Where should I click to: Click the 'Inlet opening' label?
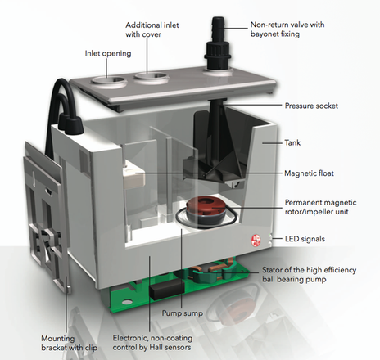[x=108, y=53]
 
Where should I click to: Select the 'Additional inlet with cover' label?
[x=152, y=29]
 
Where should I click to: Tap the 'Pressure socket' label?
[x=311, y=106]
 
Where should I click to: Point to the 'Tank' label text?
[x=292, y=142]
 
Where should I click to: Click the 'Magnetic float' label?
[x=309, y=173]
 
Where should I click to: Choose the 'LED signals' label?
[x=305, y=239]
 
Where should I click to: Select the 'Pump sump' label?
[x=183, y=313]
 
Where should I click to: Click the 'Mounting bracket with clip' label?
[x=70, y=343]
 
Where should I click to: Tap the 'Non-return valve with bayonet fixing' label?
[x=287, y=29]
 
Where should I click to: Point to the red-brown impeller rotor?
[x=206, y=208]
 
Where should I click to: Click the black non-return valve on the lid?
[x=217, y=43]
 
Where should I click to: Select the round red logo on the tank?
[x=256, y=240]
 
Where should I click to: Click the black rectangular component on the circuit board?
[x=167, y=289]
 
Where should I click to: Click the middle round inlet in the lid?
[x=150, y=77]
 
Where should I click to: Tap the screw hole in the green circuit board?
[x=127, y=303]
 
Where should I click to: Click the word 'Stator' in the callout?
[x=273, y=270]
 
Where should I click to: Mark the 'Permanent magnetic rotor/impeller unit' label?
[x=320, y=207]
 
